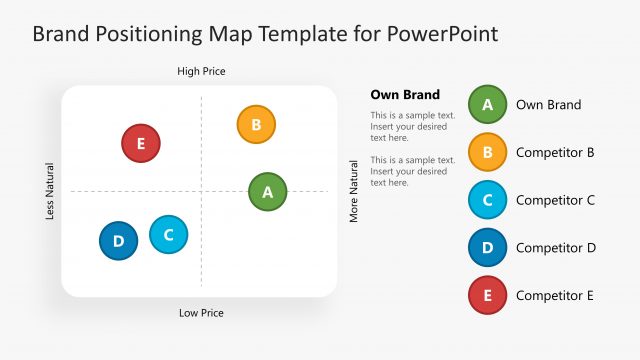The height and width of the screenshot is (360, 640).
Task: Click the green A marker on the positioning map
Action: [x=267, y=192]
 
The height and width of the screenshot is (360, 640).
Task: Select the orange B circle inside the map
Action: [x=256, y=125]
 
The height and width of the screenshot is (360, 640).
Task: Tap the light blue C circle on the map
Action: [x=168, y=235]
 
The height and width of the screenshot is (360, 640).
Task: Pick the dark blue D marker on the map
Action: [x=118, y=241]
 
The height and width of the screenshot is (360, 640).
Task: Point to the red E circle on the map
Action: [x=140, y=143]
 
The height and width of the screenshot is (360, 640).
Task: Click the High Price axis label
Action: [x=201, y=71]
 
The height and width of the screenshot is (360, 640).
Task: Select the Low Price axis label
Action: [x=201, y=313]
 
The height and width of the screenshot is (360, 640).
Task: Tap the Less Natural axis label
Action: [x=50, y=191]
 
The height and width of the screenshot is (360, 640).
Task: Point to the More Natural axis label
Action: [x=353, y=191]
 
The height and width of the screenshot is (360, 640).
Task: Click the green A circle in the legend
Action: [x=487, y=104]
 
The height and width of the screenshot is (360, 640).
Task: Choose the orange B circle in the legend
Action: [x=487, y=152]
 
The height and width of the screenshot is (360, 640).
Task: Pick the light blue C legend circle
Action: [x=487, y=199]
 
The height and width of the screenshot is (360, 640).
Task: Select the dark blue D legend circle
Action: [x=487, y=247]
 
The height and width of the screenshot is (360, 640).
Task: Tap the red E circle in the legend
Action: [x=487, y=295]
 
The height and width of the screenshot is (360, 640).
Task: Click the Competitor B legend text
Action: [x=555, y=152]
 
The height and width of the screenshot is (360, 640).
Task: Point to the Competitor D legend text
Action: [x=555, y=247]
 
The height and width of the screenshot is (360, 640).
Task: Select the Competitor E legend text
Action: [x=555, y=295]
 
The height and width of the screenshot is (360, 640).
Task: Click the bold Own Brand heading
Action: [x=405, y=95]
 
